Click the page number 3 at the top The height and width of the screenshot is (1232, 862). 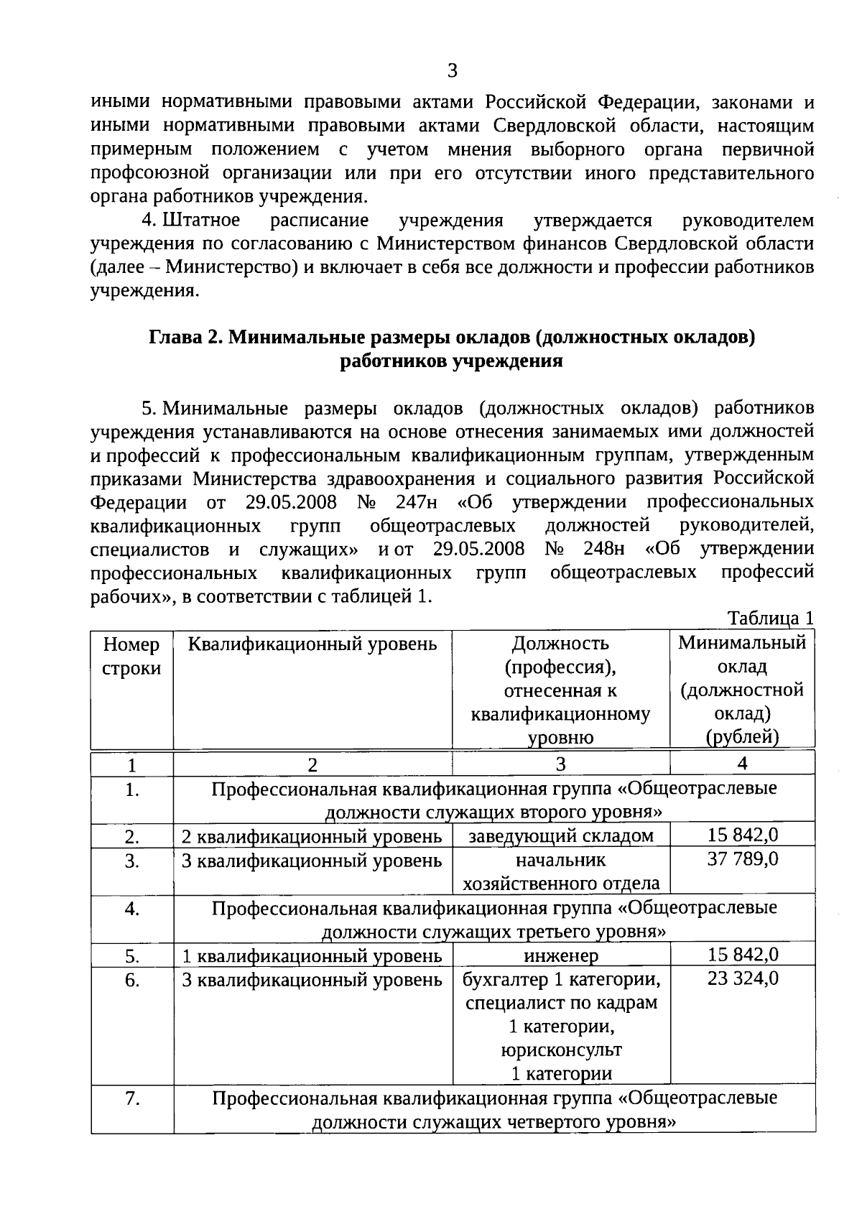click(452, 71)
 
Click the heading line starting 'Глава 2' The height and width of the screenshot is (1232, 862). click(453, 338)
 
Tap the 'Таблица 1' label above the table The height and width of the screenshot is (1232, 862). click(771, 619)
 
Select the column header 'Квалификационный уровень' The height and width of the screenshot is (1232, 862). click(312, 643)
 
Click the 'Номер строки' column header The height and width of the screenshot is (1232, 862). click(131, 656)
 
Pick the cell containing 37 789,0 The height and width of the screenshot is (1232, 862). click(743, 859)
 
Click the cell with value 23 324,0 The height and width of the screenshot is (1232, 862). click(743, 978)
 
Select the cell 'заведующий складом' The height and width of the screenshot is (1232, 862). click(561, 835)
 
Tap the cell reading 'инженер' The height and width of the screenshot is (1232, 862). click(561, 955)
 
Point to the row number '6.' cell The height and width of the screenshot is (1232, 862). click(132, 980)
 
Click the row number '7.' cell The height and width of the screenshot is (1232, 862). click(132, 1098)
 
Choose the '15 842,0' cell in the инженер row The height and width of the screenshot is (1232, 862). click(743, 955)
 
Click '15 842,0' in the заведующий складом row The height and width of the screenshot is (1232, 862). click(743, 835)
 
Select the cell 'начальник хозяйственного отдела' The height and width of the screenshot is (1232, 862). click(561, 871)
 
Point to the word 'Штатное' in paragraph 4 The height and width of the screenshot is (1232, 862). click(204, 221)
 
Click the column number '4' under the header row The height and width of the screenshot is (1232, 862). click(742, 763)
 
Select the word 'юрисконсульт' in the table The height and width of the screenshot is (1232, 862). click(561, 1050)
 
